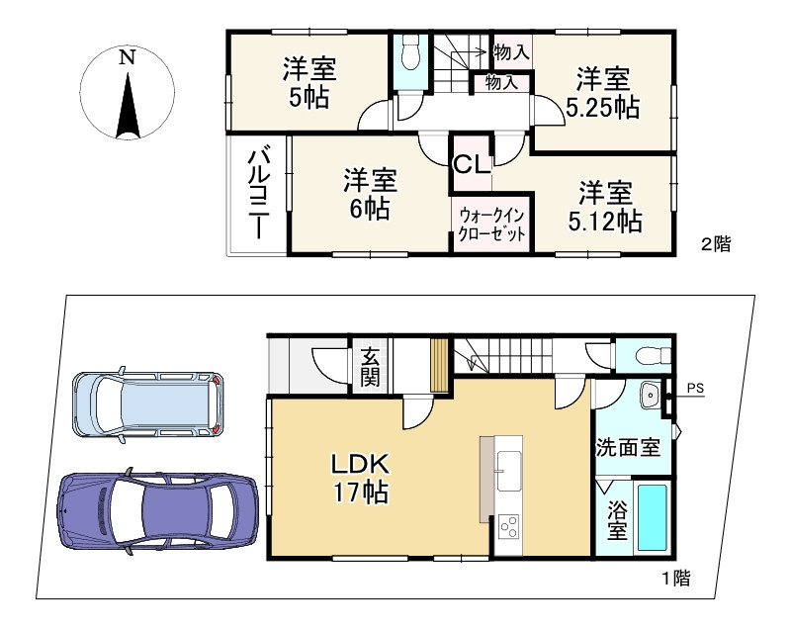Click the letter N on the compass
coord(128,57)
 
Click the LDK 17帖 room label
coord(360,477)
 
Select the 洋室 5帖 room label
coord(309,83)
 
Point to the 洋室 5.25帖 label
coord(603,92)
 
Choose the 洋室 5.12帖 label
coord(605,207)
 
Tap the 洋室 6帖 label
coord(370,194)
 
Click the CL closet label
coord(472,164)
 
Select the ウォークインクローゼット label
coord(491,224)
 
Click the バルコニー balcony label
coord(258,192)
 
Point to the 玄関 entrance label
coord(371,367)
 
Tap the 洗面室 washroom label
coord(628,447)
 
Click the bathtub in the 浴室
coord(653,517)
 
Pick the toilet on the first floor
coord(653,356)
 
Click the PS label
coord(696,389)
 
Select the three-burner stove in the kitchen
coord(508,526)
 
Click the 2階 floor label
coord(715,244)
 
